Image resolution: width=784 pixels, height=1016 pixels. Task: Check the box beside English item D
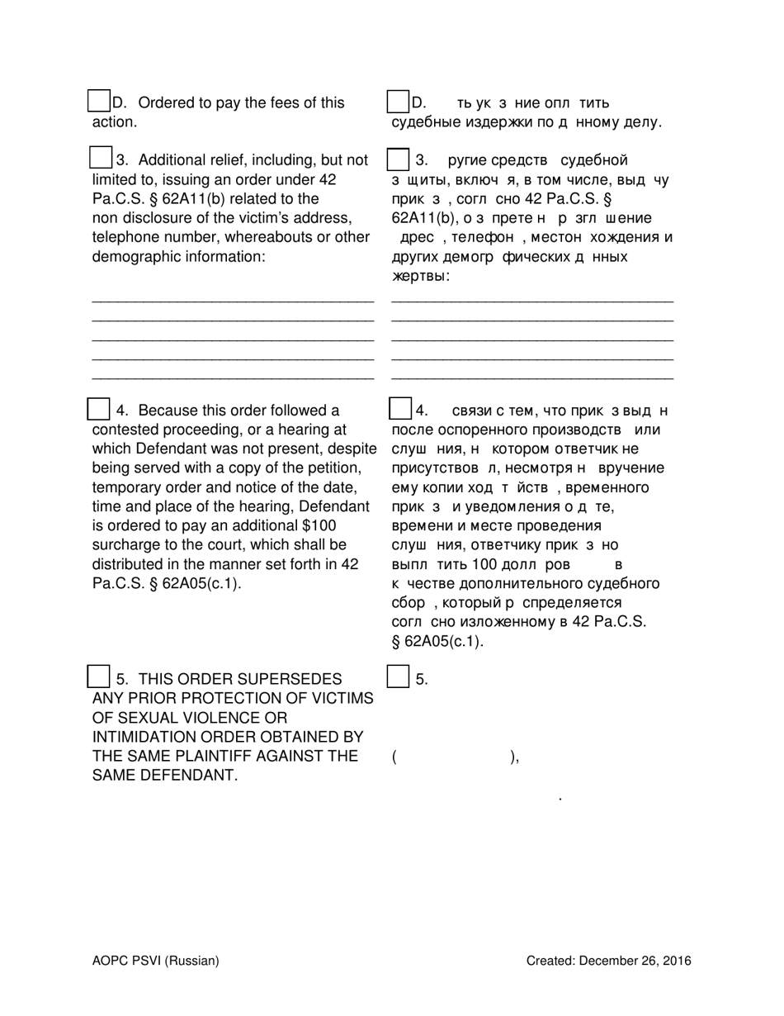pyautogui.click(x=99, y=102)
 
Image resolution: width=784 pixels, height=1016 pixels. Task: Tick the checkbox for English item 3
pyautogui.click(x=100, y=158)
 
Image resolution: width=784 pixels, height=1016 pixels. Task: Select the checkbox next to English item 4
pyautogui.click(x=98, y=409)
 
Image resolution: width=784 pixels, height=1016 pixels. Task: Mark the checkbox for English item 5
pyautogui.click(x=98, y=677)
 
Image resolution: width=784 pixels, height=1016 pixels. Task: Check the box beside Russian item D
pyautogui.click(x=399, y=102)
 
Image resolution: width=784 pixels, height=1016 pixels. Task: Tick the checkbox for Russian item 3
pyautogui.click(x=398, y=159)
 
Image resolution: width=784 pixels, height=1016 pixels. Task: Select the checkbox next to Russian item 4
pyautogui.click(x=399, y=409)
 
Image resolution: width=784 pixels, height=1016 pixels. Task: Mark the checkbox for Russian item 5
pyautogui.click(x=398, y=677)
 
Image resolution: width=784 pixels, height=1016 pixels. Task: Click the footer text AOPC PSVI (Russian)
pyautogui.click(x=156, y=961)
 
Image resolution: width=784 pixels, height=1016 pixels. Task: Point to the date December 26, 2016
pyautogui.click(x=635, y=961)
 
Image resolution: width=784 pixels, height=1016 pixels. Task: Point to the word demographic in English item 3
pyautogui.click(x=133, y=257)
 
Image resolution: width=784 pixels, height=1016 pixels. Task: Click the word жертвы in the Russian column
pyautogui.click(x=420, y=277)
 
